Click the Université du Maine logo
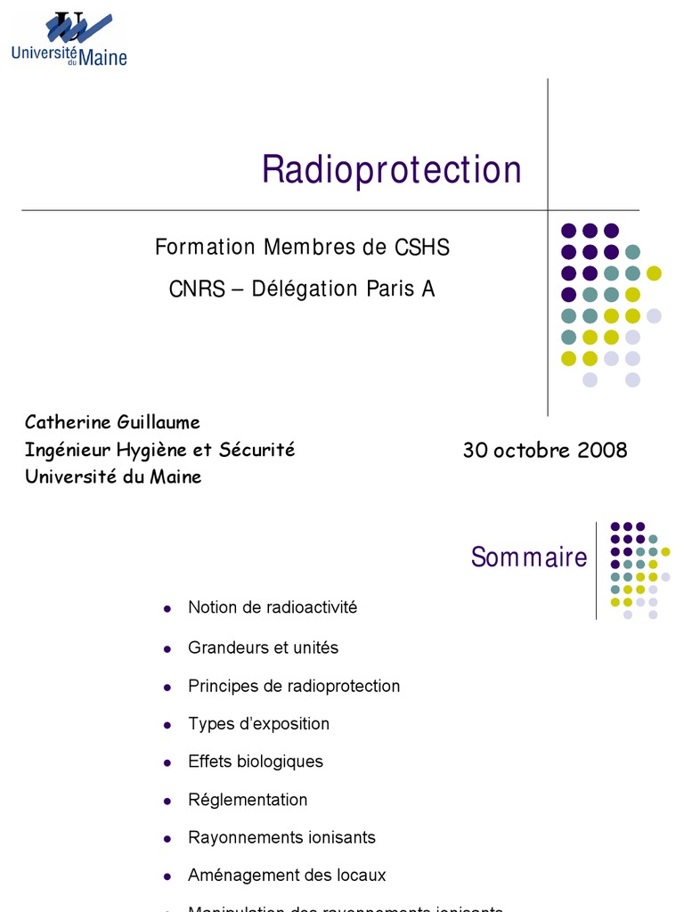[x=69, y=39]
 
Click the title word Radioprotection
[x=391, y=169]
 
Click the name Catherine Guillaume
[x=112, y=422]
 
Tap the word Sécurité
[x=256, y=450]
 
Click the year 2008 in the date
[x=603, y=451]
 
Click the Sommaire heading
[x=529, y=558]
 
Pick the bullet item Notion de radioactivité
[x=273, y=607]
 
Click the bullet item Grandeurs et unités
[x=264, y=647]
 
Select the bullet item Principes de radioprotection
[x=294, y=686]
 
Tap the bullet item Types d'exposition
[x=258, y=724]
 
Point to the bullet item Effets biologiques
[x=256, y=761]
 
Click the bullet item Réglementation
[x=248, y=800]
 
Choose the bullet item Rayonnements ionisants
[x=281, y=837]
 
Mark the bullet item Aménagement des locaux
[x=287, y=875]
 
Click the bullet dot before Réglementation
[x=167, y=801]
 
